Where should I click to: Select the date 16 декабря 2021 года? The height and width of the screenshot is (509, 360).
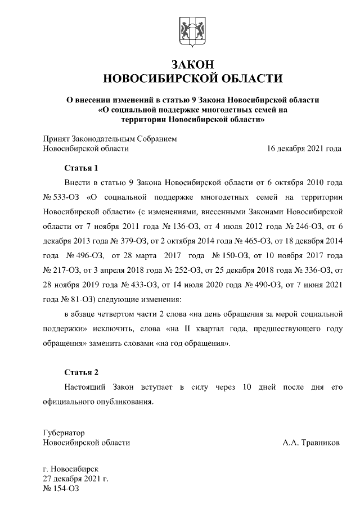click(304, 149)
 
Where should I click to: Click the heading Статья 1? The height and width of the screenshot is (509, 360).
click(81, 168)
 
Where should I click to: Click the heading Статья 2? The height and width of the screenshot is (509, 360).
click(81, 373)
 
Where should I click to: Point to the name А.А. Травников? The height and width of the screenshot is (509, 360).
click(311, 443)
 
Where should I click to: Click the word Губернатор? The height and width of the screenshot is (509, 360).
click(64, 433)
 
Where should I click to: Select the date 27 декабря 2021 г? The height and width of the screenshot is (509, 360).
click(75, 479)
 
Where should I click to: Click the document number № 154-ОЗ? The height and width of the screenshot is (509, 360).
click(61, 489)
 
